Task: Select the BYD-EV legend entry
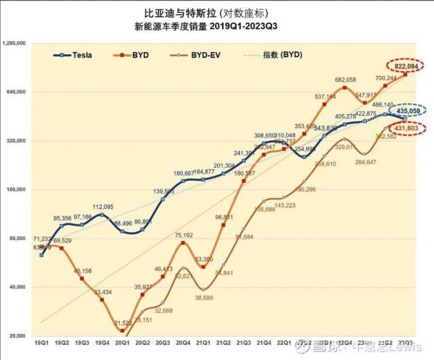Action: (x=203, y=55)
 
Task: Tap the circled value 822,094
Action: (x=407, y=66)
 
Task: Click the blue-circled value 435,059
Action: (x=409, y=111)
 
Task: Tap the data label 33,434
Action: (x=103, y=291)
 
